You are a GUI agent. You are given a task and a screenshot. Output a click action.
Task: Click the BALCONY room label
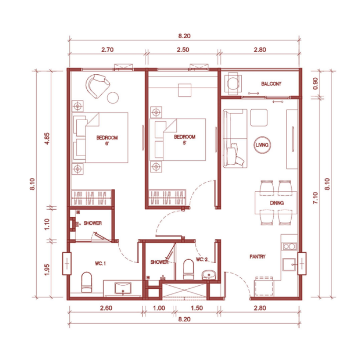[271, 84]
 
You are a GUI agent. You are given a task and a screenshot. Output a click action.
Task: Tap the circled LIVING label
[262, 145]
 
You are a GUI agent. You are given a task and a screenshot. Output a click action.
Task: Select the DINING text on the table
[277, 203]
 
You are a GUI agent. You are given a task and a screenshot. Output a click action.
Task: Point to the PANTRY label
[257, 256]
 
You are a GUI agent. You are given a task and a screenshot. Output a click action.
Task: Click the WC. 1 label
[100, 263]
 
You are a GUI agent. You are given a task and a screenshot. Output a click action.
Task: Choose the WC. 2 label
[202, 260]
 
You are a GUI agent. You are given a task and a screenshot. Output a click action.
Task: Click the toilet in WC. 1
[86, 282]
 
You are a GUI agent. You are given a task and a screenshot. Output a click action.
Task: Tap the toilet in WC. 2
[189, 269]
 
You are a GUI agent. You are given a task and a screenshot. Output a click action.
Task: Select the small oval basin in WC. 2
[209, 274]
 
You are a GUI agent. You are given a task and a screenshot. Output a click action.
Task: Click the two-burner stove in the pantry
[289, 247]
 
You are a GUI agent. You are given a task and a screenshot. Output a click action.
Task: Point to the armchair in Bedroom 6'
[97, 86]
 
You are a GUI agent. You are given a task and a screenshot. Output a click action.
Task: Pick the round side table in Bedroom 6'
[113, 98]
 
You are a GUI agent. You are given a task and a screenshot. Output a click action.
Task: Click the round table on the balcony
[233, 83]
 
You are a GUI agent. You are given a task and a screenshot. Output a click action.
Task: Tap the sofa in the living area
[234, 139]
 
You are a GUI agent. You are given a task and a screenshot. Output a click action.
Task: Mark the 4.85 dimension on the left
[47, 139]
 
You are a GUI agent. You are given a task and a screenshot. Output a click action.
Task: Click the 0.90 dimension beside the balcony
[315, 84]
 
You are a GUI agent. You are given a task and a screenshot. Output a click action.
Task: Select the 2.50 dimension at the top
[183, 49]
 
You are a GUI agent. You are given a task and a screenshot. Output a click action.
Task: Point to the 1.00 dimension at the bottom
[159, 308]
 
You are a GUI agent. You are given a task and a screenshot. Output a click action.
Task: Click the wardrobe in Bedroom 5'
[167, 198]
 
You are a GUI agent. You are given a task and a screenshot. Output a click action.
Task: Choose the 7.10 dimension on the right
[315, 198]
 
